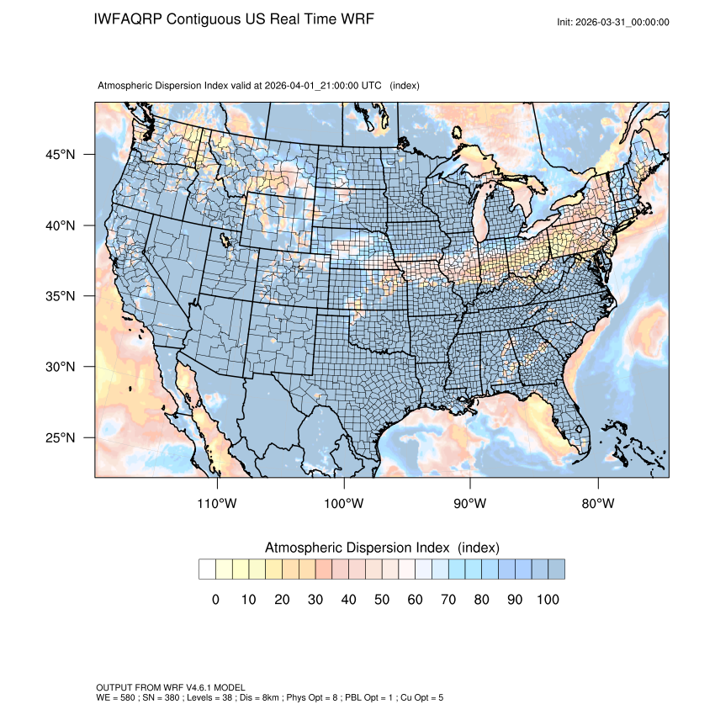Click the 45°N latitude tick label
[61, 155]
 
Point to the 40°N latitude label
[61, 225]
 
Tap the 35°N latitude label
[61, 296]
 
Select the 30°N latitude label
[61, 367]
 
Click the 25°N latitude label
[61, 437]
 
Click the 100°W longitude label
[344, 504]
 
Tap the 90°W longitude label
[471, 504]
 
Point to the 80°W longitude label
[597, 504]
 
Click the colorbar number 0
[215, 600]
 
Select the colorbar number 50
[382, 600]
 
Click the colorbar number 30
[315, 600]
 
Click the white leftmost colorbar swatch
[207, 569]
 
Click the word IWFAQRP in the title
[129, 19]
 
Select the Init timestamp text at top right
[613, 22]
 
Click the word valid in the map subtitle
[240, 86]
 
